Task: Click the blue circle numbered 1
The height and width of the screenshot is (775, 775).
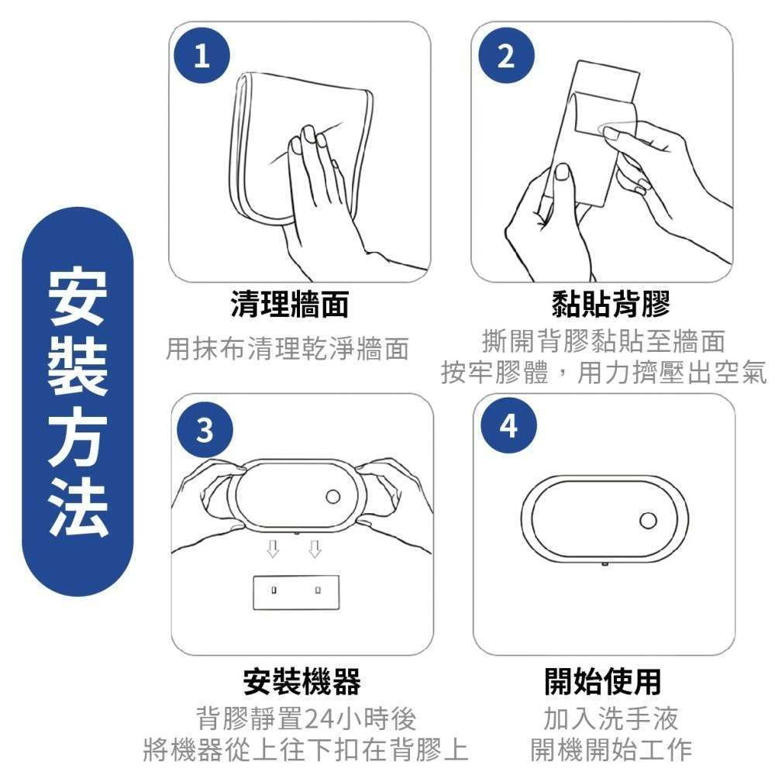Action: coord(201,57)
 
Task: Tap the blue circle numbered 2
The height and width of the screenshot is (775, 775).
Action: coord(505,57)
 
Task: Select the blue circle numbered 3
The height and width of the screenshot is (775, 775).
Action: coord(203,429)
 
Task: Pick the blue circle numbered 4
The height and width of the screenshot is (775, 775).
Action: coord(508,426)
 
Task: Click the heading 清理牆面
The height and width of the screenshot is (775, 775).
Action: coord(290,305)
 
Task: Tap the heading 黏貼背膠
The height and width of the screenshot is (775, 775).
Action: coord(610,305)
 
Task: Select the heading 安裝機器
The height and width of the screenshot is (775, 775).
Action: coord(301,682)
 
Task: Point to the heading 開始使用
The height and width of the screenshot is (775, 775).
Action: coord(603,682)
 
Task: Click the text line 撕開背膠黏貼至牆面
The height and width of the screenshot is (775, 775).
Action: coord(604,341)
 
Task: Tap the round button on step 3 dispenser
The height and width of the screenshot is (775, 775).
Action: coord(334,496)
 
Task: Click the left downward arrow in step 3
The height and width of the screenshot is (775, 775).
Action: coord(272,549)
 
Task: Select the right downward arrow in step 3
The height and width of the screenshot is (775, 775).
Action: coord(315,549)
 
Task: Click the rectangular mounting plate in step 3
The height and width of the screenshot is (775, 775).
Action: coord(297,592)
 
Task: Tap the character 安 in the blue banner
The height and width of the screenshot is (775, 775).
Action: coord(77,297)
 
